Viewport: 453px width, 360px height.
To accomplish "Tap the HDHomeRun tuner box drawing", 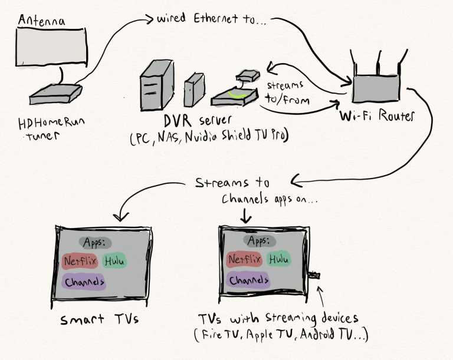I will [55, 94].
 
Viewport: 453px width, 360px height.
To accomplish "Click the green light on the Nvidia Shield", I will [239, 93].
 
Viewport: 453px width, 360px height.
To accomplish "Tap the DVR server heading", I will [199, 122].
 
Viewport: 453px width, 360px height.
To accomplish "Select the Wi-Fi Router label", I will [378, 116].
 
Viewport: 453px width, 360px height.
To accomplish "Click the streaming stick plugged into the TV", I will [314, 275].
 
